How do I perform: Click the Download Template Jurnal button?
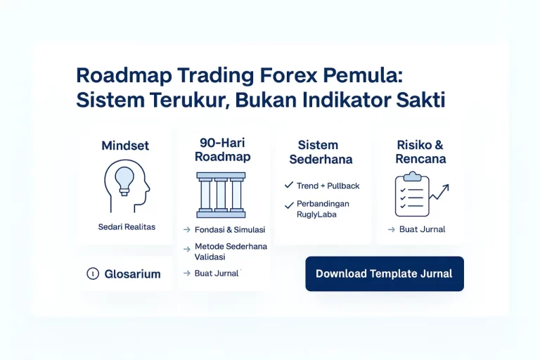pos(384,274)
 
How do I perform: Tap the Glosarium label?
pos(132,274)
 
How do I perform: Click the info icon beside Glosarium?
pos(92,274)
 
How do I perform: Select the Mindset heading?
pos(125,146)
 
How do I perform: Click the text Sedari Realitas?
pos(127,227)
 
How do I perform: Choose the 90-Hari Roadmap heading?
pos(222,149)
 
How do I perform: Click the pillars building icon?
pos(221,194)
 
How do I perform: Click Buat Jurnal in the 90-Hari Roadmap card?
pos(217,273)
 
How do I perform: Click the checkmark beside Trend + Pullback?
pos(288,185)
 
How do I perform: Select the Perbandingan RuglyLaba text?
pos(322,209)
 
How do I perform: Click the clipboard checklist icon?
pos(412,195)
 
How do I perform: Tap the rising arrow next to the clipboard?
pos(440,191)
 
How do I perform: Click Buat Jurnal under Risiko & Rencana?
pos(422,229)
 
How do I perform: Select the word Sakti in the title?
pos(421,99)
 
